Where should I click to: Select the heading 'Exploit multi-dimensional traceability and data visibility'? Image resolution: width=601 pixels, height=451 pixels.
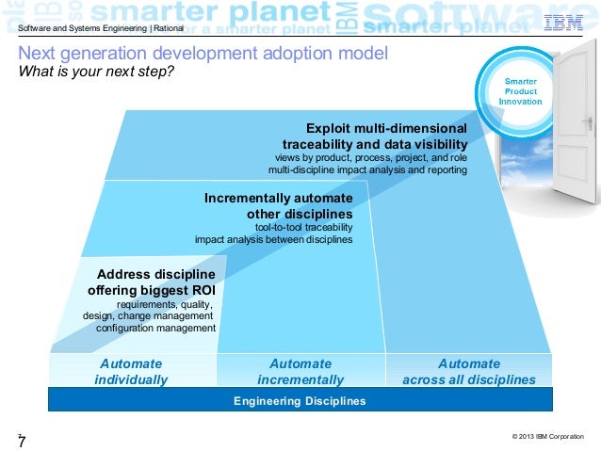point(374,136)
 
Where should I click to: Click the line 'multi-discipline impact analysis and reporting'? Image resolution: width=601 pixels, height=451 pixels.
point(367,170)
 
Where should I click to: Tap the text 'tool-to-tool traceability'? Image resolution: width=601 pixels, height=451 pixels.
point(303,227)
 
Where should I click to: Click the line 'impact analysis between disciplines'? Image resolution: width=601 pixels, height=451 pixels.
point(273,239)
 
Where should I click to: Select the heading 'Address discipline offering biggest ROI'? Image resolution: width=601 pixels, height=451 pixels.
point(152,282)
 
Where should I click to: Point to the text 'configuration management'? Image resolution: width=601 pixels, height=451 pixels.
point(155,328)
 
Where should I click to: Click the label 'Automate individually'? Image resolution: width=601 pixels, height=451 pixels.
point(131,371)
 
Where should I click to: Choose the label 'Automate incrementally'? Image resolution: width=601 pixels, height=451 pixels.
point(300,371)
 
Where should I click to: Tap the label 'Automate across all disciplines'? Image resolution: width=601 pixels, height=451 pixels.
point(469,371)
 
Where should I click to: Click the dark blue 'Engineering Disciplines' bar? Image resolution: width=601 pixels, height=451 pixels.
point(300,400)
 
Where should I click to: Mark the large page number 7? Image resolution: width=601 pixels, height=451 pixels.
point(21,441)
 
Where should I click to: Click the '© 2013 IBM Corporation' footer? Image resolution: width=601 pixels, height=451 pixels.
point(547,437)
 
